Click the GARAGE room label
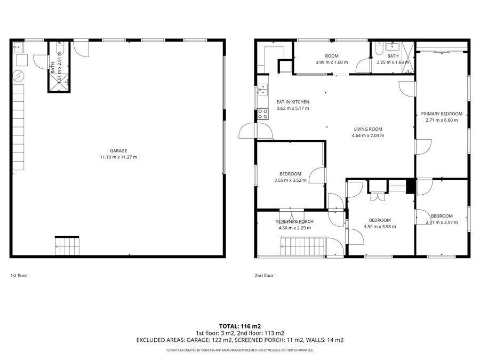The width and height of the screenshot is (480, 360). pos(118,150)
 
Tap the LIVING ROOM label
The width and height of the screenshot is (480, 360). pos(368,129)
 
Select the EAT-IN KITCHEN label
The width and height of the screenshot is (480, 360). pos(293,102)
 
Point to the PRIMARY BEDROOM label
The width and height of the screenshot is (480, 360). pos(442,114)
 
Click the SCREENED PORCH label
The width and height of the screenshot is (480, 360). pos(295,222)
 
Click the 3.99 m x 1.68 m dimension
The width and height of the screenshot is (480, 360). pos(332,62)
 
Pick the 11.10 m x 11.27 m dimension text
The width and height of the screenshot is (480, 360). pos(118,157)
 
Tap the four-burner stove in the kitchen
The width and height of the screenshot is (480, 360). pos(262,114)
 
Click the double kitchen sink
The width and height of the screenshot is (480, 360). pos(263,90)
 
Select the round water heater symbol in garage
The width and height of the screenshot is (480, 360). pos(19,76)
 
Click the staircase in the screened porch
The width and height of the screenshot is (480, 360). pos(303,245)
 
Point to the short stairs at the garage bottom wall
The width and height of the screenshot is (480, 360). pos(67,246)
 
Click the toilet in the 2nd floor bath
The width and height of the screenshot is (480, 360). pos(379,49)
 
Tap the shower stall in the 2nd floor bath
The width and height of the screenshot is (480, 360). pos(407,58)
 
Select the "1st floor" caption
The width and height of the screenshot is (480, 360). pos(19,276)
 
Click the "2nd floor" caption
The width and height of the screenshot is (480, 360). pos(264,276)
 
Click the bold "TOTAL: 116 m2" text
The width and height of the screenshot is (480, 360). pos(240,326)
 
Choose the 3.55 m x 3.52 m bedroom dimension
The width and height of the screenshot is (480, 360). pos(290,180)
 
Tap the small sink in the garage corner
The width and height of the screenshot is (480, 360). pos(18,47)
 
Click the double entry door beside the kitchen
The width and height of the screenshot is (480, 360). pos(256,131)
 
